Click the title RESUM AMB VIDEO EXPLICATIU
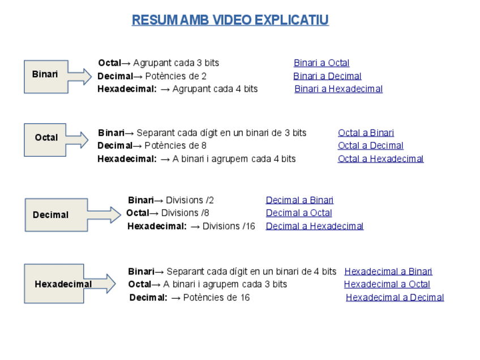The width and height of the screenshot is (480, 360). tap(230, 20)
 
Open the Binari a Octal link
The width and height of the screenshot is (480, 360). tap(321, 63)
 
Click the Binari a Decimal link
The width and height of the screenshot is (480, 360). tap(327, 76)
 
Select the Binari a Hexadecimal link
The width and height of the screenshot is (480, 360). tap(338, 89)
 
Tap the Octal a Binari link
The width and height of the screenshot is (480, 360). tap(366, 133)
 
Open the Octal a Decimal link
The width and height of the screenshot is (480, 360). tap(370, 145)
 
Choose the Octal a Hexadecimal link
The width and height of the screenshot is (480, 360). tap(380, 158)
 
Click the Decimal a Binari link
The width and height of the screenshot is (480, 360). tap(299, 200)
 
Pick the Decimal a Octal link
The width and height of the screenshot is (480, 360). tap(299, 213)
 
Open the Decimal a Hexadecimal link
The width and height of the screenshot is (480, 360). tap(314, 226)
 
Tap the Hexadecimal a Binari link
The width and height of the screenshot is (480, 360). tap(388, 271)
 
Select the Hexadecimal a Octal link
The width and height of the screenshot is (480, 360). tap(387, 284)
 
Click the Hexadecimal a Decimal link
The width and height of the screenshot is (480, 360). tap(395, 297)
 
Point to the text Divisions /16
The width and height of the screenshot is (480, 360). tap(229, 226)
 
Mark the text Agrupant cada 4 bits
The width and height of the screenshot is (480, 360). tap(215, 89)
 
